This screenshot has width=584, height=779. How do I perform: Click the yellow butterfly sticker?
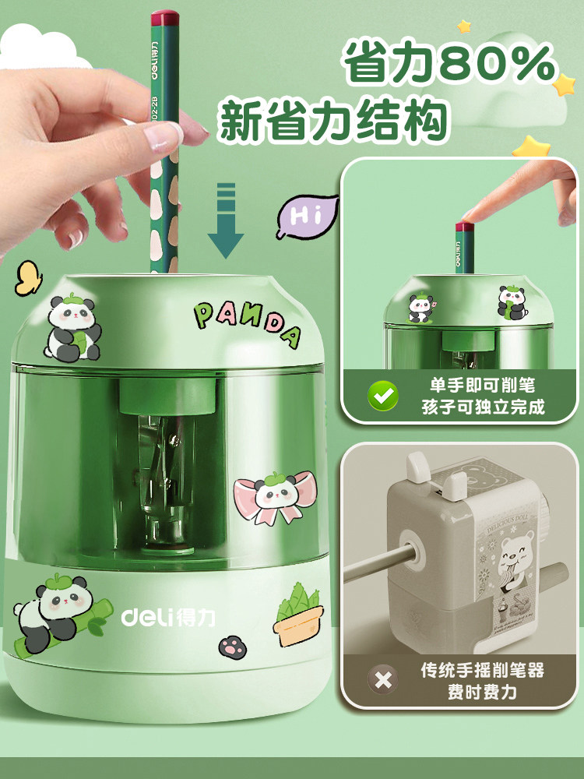pyautogui.click(x=29, y=277)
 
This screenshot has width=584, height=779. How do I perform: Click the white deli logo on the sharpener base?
pyautogui.click(x=168, y=617)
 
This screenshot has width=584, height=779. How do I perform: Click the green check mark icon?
pyautogui.click(x=382, y=396)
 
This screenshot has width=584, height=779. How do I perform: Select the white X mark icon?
pyautogui.click(x=382, y=680)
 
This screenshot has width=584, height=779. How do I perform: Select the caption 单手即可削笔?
pyautogui.click(x=483, y=385)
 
